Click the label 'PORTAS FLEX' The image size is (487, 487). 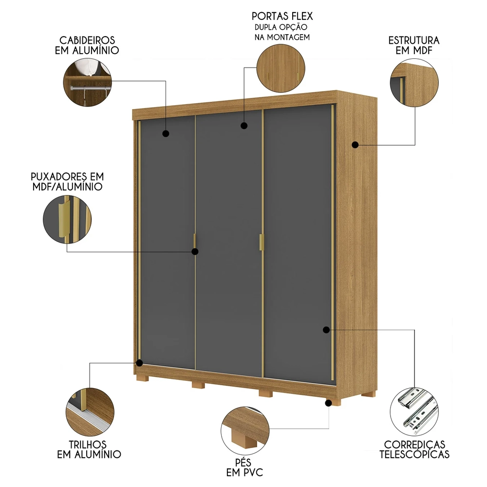pyautogui.click(x=282, y=17)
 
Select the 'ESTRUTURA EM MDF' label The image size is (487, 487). pyautogui.click(x=414, y=45)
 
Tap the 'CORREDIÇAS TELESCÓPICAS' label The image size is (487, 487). pyautogui.click(x=414, y=450)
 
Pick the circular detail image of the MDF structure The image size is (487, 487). pyautogui.click(x=414, y=83)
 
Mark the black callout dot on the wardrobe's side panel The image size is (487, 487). pyautogui.click(x=356, y=145)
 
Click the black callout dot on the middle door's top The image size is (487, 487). pyautogui.click(x=243, y=126)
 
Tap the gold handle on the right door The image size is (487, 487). pyautogui.click(x=261, y=242)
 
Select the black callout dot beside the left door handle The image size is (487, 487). pyautogui.click(x=195, y=252)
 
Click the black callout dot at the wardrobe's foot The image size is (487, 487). pyautogui.click(x=329, y=403)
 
